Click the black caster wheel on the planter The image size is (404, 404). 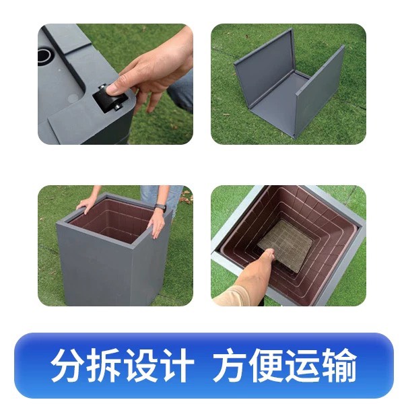[110, 99]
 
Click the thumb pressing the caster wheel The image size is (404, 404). [116, 87]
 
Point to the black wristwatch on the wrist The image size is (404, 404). [160, 207]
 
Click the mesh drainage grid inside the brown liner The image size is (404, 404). [286, 245]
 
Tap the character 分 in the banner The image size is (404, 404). [68, 365]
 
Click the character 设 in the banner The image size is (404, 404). [139, 365]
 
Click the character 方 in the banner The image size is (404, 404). [230, 365]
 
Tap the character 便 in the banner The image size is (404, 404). [266, 365]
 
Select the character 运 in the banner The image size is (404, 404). [302, 365]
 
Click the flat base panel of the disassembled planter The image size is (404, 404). [278, 98]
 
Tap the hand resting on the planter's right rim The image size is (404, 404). [156, 224]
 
